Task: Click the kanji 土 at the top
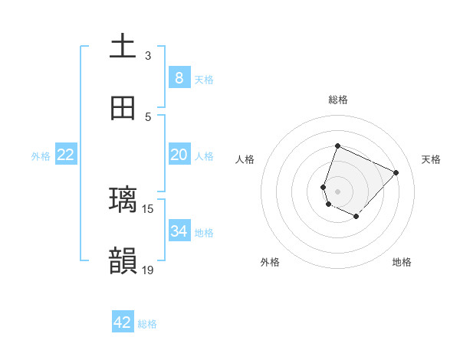123,47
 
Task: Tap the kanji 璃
123,200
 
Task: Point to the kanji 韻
123,260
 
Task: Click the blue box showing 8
179,77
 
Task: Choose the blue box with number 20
179,155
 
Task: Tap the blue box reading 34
179,231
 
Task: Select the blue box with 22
65,155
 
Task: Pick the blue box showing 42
123,322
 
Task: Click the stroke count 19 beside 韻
148,270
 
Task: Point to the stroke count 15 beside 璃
148,208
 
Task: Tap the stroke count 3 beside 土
148,56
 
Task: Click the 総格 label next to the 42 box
147,324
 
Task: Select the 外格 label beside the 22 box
41,156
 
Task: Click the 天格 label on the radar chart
431,159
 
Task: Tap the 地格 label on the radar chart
402,262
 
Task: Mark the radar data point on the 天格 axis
396,172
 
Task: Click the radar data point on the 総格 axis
337,146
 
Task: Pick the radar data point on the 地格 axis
356,217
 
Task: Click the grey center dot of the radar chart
337,191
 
